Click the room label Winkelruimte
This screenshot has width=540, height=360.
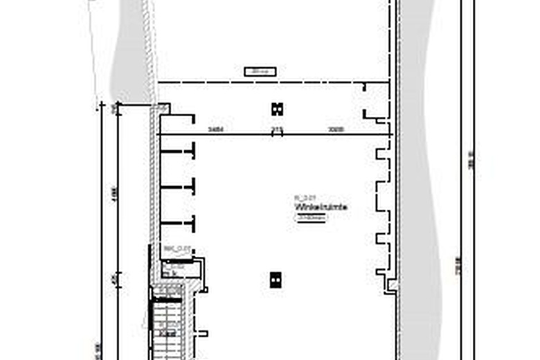click(x=321, y=207)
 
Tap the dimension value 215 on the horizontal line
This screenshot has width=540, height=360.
click(x=278, y=129)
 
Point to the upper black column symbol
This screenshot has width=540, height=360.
click(x=277, y=109)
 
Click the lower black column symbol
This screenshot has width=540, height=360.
click(x=276, y=280)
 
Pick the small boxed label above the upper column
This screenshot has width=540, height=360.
click(x=260, y=71)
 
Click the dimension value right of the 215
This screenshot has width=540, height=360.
click(x=336, y=129)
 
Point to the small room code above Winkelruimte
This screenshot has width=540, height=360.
click(x=303, y=198)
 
